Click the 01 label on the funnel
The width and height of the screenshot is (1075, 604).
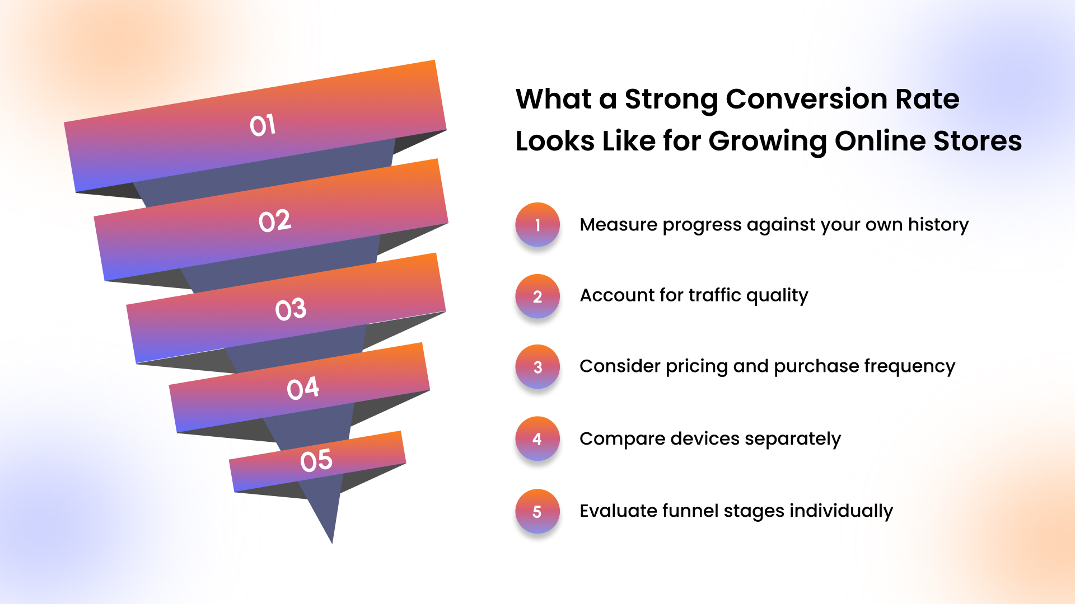pos(263,125)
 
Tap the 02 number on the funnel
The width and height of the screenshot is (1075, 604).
pos(274,221)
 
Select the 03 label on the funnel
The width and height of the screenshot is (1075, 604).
pos(291,309)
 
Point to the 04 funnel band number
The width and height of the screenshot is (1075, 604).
pos(302,388)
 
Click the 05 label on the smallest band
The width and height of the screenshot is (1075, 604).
pos(316,461)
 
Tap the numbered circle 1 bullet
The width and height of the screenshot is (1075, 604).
pos(537,225)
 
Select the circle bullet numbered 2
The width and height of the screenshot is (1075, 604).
pos(537,296)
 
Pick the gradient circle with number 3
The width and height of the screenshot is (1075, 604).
pos(537,367)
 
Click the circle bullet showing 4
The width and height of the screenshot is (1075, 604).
pos(537,439)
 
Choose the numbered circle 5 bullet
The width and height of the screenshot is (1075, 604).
pos(537,511)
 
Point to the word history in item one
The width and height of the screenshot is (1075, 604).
pos(938,224)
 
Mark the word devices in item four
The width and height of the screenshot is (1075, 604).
pos(704,438)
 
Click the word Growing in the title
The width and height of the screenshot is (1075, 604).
pos(767,141)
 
